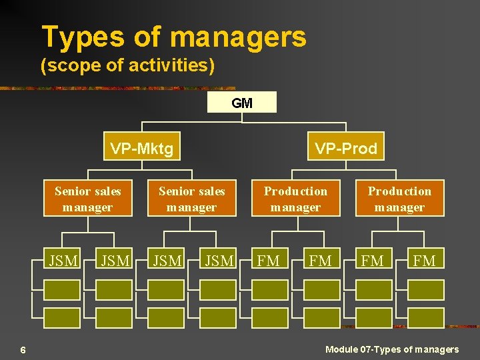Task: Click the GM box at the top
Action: click(x=241, y=103)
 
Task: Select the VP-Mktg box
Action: click(x=141, y=148)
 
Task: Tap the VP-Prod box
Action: click(x=345, y=148)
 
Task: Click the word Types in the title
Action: click(x=83, y=37)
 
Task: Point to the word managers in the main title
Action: click(x=238, y=37)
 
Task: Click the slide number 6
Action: click(x=23, y=350)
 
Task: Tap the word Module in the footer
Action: click(x=341, y=349)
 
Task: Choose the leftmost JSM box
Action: click(x=63, y=261)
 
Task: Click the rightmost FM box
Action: click(x=425, y=261)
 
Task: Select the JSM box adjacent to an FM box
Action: click(x=219, y=261)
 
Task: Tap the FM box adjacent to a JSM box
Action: click(x=269, y=261)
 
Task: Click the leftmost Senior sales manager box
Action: click(x=87, y=199)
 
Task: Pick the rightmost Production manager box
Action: click(x=399, y=199)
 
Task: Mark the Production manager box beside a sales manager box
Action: click(x=295, y=199)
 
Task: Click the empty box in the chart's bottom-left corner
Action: click(x=62, y=317)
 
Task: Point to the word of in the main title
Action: click(x=147, y=37)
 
